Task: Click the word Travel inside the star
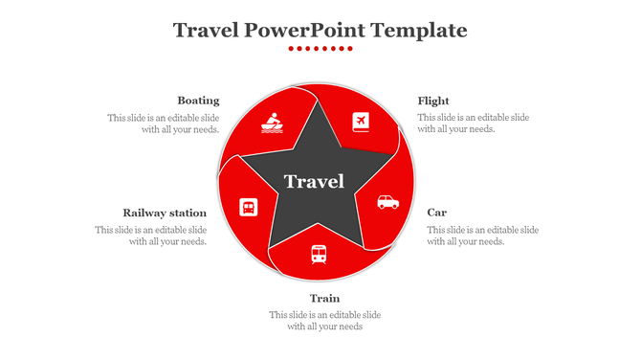click(x=314, y=182)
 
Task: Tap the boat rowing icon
click(x=271, y=123)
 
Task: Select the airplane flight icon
click(x=361, y=122)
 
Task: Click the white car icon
click(x=387, y=201)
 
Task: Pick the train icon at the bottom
click(x=318, y=254)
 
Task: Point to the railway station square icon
click(x=248, y=207)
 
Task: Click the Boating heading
click(x=198, y=101)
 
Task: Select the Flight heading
click(x=433, y=101)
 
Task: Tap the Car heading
click(x=436, y=213)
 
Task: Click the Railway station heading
click(x=165, y=213)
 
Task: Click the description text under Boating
click(x=164, y=124)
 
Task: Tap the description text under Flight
click(x=473, y=124)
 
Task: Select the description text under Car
click(x=482, y=236)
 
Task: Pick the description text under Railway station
click(x=151, y=236)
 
